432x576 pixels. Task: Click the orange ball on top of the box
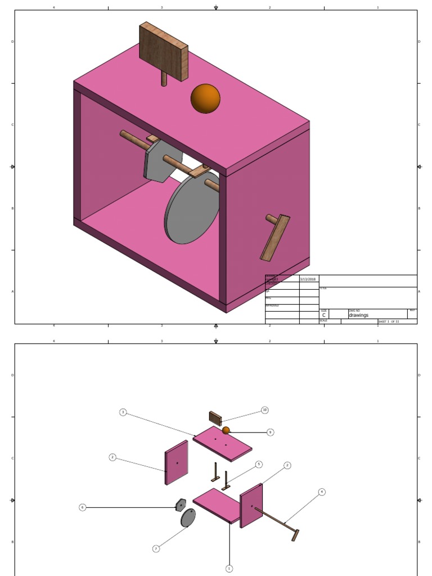[205, 98]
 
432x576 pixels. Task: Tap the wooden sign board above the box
[164, 51]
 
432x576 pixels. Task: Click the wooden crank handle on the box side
[276, 238]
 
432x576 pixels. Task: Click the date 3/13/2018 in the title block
[308, 279]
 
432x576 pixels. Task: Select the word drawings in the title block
[358, 316]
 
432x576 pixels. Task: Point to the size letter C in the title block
[324, 316]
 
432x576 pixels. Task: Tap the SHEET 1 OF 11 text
[388, 322]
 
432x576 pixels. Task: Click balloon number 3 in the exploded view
[123, 412]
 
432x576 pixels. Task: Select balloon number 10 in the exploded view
[264, 411]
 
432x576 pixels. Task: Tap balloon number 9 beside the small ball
[271, 432]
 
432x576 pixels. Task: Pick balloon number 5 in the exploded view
[259, 464]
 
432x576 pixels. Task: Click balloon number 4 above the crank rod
[322, 492]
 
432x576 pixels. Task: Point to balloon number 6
[83, 507]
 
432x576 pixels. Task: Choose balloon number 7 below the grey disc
[156, 548]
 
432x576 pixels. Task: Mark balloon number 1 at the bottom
[229, 568]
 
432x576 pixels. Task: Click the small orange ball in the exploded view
[226, 430]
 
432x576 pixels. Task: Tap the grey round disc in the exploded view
[188, 517]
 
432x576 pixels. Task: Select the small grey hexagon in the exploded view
[181, 505]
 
